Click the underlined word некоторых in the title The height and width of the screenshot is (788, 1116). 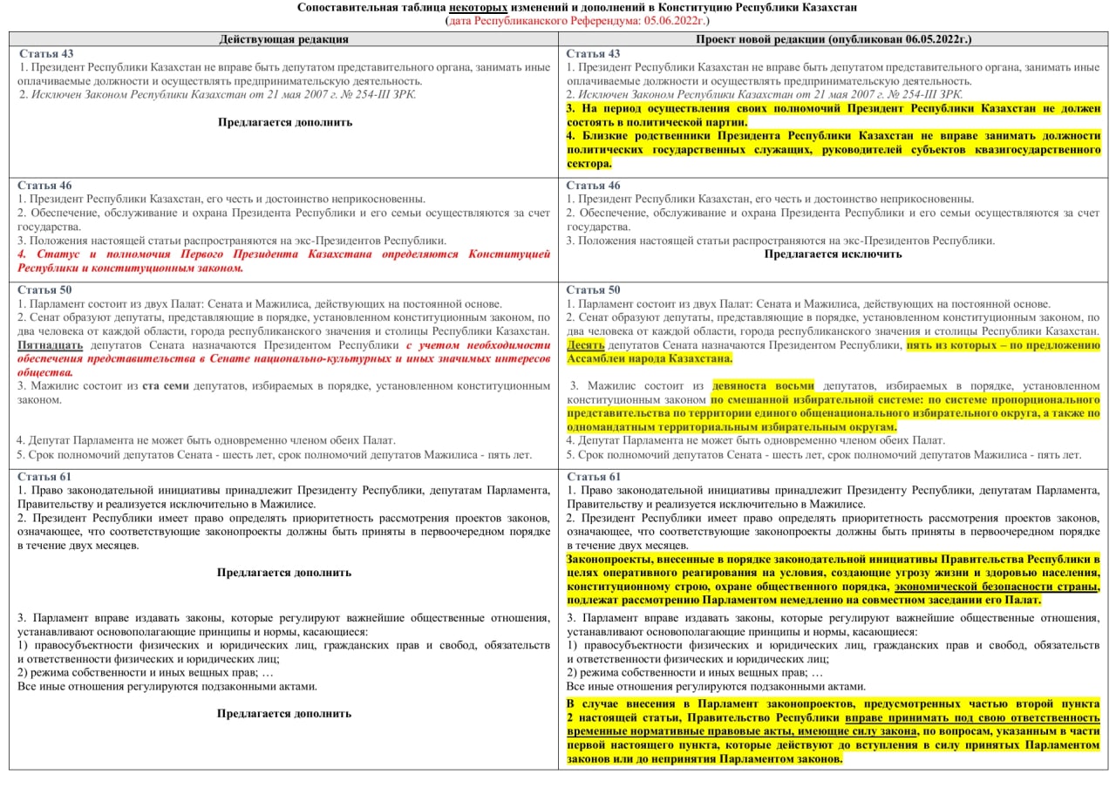(478, 7)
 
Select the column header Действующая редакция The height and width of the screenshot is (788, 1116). (284, 39)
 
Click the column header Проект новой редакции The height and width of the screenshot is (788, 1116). (834, 39)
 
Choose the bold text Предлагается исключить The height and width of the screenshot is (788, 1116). (833, 255)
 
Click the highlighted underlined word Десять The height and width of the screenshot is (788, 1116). (585, 345)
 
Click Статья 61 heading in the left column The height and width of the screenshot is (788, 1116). (46, 477)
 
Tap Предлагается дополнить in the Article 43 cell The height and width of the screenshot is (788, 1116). (284, 122)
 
